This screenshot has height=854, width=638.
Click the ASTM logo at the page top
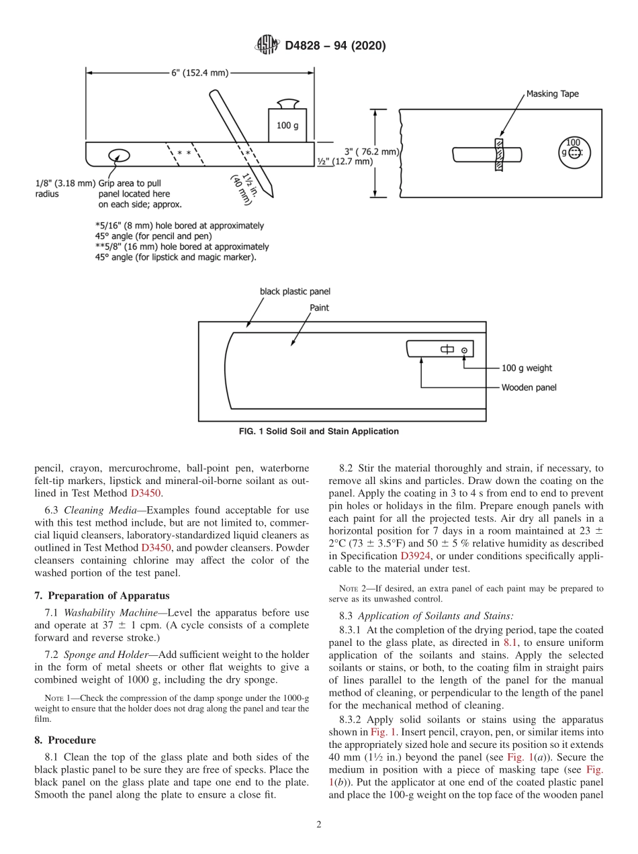click(x=267, y=46)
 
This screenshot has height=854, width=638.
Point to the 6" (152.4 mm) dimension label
click(x=199, y=73)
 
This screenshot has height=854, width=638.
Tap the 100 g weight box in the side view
click(x=287, y=125)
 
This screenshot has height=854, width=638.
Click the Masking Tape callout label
click(x=552, y=94)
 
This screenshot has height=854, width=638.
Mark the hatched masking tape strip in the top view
click(x=498, y=154)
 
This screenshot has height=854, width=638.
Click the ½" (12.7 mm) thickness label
click(x=345, y=161)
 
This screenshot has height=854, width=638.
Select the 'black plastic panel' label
click(x=295, y=291)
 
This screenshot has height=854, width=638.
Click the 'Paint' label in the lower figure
click(x=320, y=307)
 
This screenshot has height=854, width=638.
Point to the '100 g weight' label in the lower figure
click(x=527, y=368)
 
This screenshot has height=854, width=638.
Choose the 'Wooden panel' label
click(x=529, y=387)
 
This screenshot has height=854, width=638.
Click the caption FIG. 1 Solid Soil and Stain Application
click(x=319, y=432)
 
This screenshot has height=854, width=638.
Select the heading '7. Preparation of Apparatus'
click(x=102, y=596)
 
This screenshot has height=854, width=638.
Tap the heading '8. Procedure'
click(x=65, y=740)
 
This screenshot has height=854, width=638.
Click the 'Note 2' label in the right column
click(x=352, y=589)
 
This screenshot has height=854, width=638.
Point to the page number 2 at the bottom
click(x=319, y=825)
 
